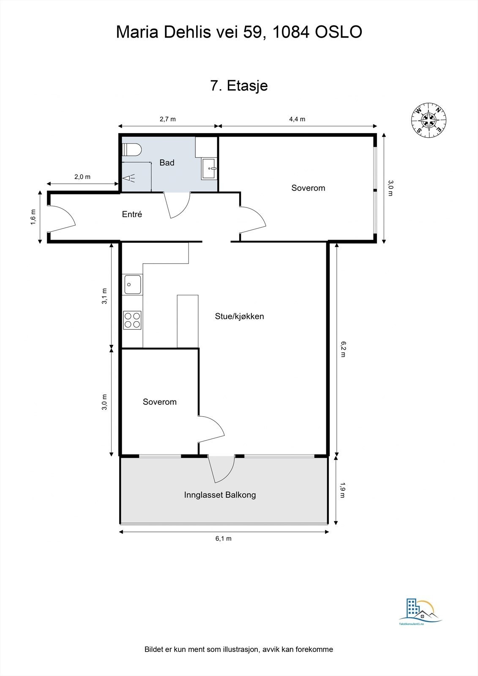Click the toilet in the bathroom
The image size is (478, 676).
tap(132, 150)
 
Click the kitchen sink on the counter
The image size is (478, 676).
tap(133, 284)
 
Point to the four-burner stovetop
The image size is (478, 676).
tap(132, 320)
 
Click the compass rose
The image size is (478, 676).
tap(429, 120)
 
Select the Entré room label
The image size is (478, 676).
tap(132, 214)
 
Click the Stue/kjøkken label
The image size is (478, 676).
tap(239, 316)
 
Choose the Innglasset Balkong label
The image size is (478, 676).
tap(220, 495)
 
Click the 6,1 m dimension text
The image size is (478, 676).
tap(224, 538)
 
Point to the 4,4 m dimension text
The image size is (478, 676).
tap(297, 119)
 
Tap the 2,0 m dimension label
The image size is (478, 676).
tap(82, 177)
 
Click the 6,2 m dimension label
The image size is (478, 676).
tap(343, 349)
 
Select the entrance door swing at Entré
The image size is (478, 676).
tap(62, 219)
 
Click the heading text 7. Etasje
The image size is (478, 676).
tap(239, 86)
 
